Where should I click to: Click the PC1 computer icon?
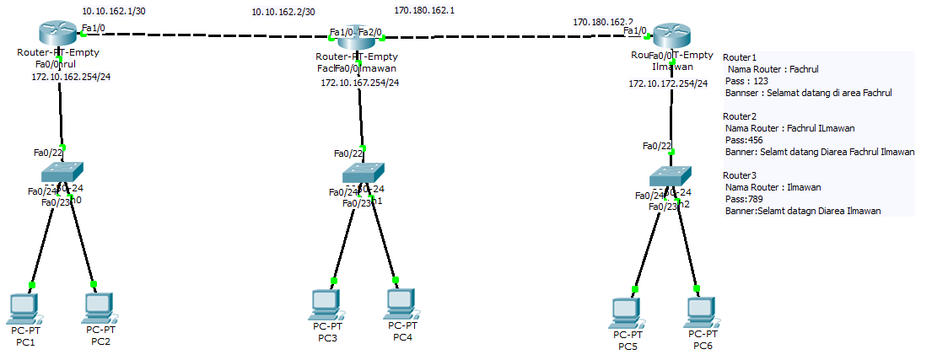coord(24,309)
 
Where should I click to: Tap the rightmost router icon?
coord(671,36)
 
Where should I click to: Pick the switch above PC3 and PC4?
coord(362,173)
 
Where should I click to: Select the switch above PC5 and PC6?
coord(670,175)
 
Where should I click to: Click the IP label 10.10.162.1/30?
coord(113,11)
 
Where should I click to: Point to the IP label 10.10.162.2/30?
coord(283,13)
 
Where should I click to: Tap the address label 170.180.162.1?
coord(424,11)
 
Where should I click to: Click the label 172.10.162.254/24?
coord(71,78)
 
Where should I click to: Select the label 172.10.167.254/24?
coord(360,83)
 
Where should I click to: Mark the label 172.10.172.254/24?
coord(668,83)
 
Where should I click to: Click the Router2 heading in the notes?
coord(740,116)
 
